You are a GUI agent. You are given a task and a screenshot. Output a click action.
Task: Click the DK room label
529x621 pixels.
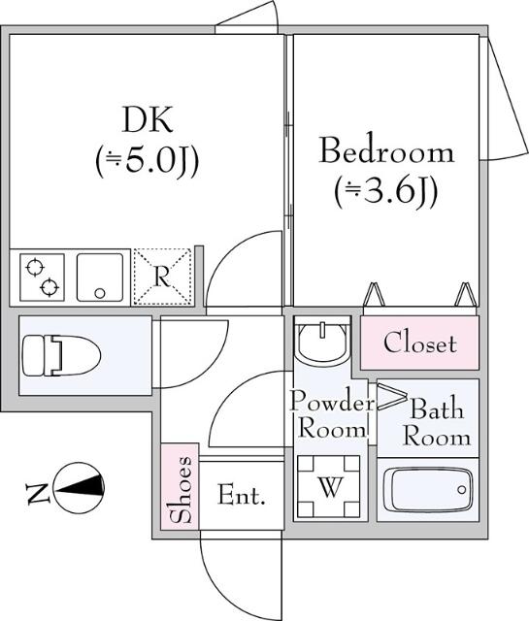tap(148, 120)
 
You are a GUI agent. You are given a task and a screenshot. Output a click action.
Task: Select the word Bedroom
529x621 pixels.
tap(386, 151)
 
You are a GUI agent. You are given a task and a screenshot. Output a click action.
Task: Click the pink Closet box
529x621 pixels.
tap(419, 343)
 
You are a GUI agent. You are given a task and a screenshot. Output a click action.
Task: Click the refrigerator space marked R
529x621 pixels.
tap(162, 276)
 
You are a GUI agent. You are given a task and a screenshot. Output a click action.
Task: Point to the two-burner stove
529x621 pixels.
tap(42, 277)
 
